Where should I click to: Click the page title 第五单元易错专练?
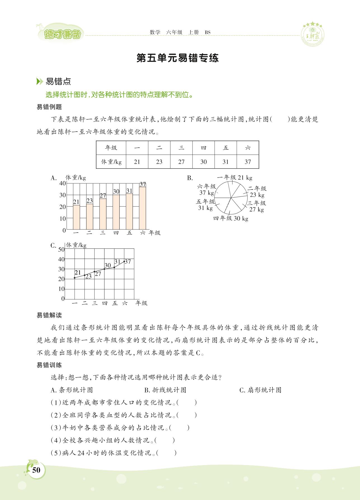click(177, 58)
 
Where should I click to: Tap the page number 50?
click(36, 470)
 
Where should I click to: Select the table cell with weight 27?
click(181, 162)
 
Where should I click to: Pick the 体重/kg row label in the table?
click(111, 162)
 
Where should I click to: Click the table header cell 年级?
click(111, 148)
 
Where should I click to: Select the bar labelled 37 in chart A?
click(143, 207)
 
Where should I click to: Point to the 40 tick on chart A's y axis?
click(62, 183)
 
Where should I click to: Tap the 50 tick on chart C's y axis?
click(61, 249)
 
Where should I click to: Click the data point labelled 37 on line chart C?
click(124, 261)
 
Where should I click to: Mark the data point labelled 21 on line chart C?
click(75, 278)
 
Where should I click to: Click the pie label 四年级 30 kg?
click(231, 219)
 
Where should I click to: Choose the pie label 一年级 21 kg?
click(234, 177)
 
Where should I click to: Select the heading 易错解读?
click(49, 316)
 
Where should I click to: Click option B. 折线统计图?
click(165, 390)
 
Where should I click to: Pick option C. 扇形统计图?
click(260, 390)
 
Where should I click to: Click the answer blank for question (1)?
click(187, 403)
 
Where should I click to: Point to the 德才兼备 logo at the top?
click(63, 34)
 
